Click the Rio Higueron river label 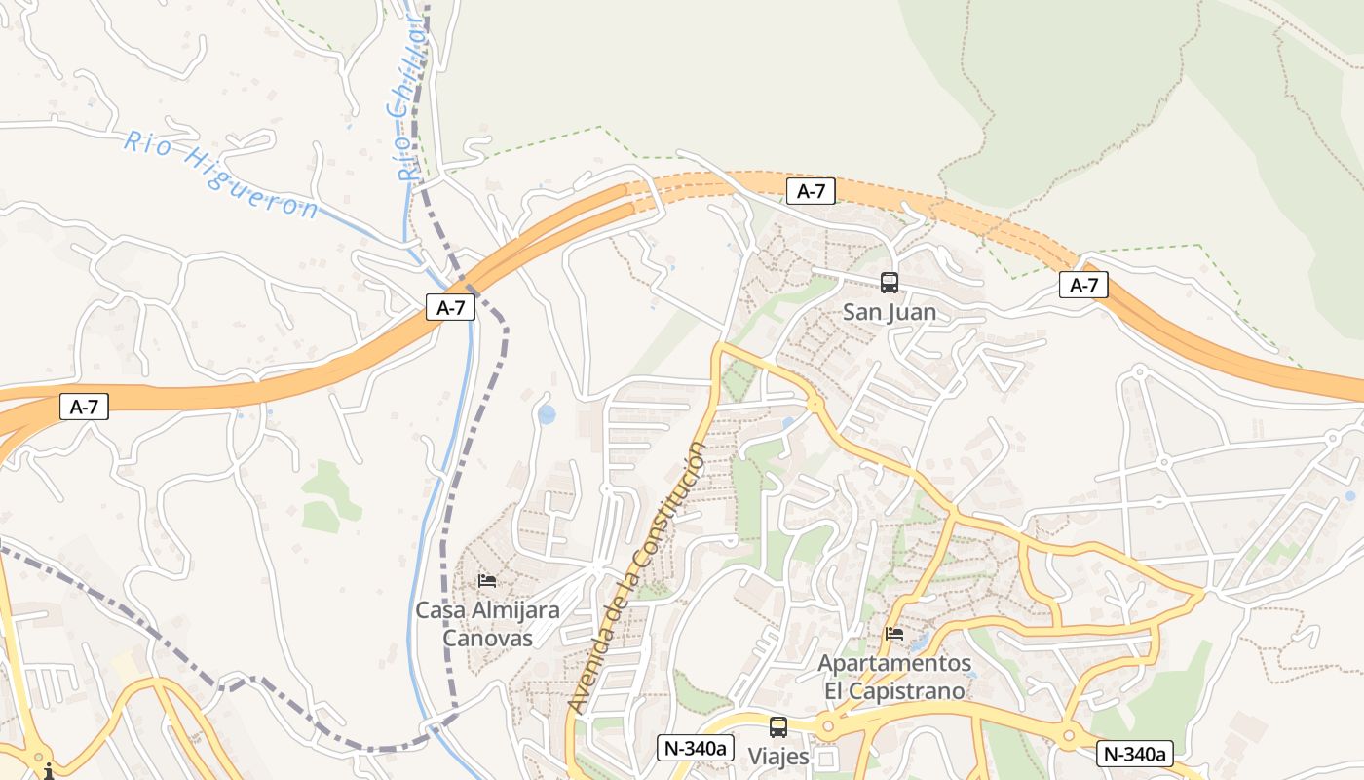221,175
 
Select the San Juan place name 889,312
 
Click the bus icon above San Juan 890,283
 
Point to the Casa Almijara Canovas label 487,624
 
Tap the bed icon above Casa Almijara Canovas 487,581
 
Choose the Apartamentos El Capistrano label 894,677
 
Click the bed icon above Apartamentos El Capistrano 894,634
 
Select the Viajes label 777,757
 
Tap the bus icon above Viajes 777,726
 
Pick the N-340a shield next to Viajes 696,748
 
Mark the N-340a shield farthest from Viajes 1135,754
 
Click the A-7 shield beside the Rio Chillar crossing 450,307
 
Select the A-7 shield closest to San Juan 811,191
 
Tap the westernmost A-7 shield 84,407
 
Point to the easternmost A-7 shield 1083,285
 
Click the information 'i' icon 47,771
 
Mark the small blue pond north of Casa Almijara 547,414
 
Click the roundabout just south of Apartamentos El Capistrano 828,726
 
